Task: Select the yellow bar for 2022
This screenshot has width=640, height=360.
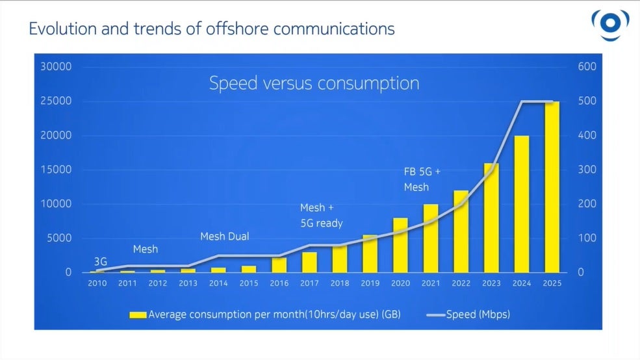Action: tap(461, 231)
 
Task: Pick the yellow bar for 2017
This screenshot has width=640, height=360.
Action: tap(309, 262)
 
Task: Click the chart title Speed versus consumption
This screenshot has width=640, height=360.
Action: tap(314, 84)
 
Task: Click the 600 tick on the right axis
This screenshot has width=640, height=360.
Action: tap(587, 67)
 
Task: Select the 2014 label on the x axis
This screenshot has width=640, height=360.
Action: tap(218, 283)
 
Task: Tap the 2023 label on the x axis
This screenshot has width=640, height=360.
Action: tap(491, 283)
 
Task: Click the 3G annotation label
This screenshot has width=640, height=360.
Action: tap(101, 261)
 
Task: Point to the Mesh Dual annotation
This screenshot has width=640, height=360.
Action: tap(224, 237)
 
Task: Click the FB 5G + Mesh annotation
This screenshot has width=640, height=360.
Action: tap(422, 180)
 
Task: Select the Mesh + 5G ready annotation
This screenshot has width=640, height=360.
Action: tap(321, 216)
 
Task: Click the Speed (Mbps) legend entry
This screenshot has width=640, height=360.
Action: tap(468, 315)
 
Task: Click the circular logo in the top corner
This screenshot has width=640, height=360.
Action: tap(610, 24)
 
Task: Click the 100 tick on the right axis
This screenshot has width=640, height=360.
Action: tap(587, 238)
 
